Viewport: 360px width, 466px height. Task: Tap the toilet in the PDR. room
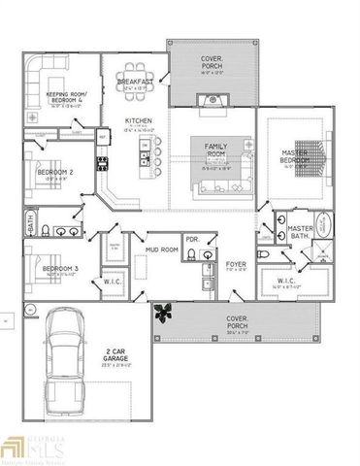pyautogui.click(x=191, y=254)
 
